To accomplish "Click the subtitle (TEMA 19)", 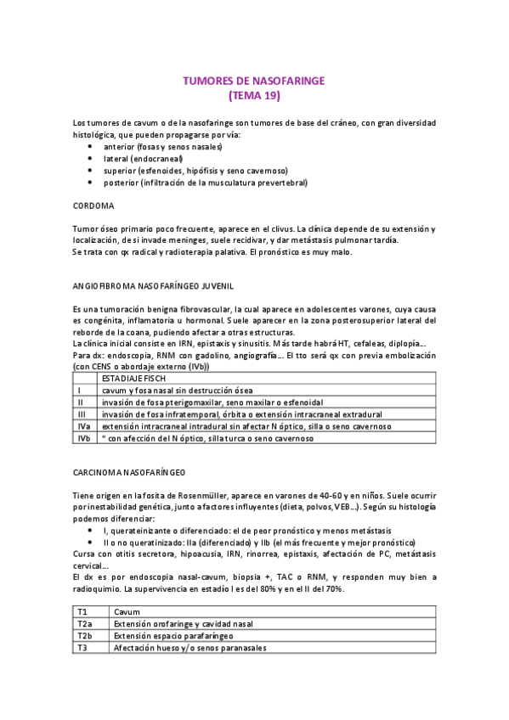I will [x=254, y=95].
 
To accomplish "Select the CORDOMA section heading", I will [x=94, y=205].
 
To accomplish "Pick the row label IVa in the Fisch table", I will [x=84, y=426].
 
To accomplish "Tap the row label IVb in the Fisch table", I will [x=84, y=438].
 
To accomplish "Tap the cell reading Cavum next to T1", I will [x=127, y=610].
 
